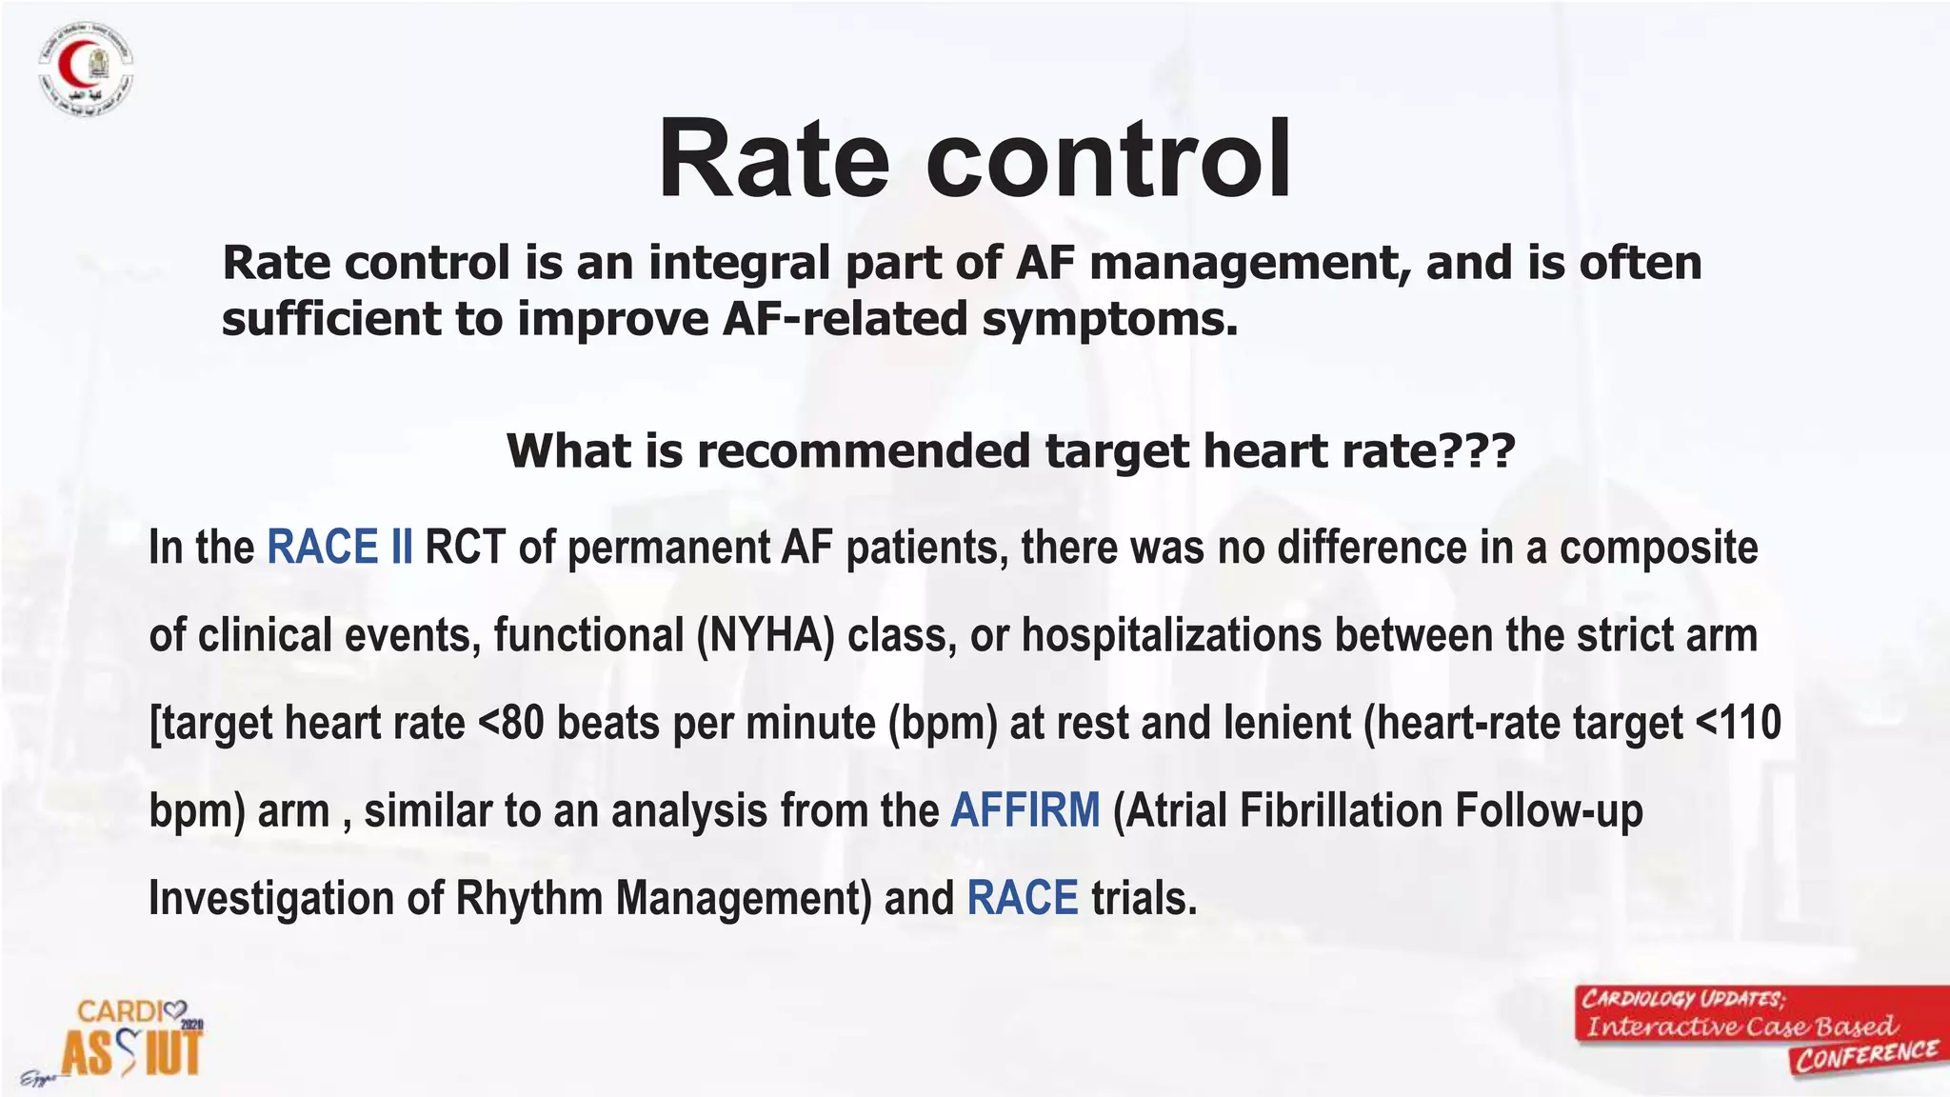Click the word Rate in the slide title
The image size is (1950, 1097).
pos(773,159)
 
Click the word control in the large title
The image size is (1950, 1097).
pos(1108,159)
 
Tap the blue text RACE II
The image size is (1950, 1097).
pos(340,548)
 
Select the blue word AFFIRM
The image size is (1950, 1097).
pos(1025,810)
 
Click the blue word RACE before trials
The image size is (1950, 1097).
pos(1023,898)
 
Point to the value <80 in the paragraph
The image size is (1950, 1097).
pos(510,723)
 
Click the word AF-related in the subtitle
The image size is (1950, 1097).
pos(844,319)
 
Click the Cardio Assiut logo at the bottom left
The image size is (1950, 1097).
pos(132,1038)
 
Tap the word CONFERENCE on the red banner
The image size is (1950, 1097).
pos(1866,1055)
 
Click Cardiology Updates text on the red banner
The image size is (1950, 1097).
pos(1682,999)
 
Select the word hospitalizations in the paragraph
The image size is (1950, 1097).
pos(1171,635)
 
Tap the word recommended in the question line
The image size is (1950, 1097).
pos(863,450)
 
